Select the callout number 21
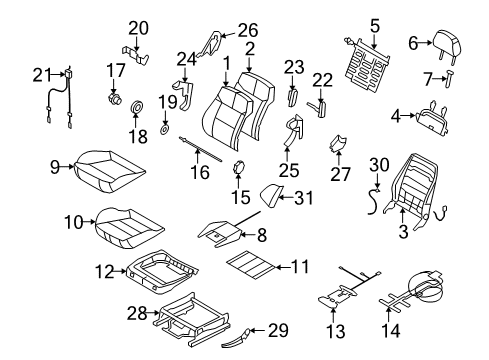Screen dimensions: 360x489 coord(40,74)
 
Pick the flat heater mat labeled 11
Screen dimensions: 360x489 coord(258,266)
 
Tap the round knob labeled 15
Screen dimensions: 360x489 coord(240,168)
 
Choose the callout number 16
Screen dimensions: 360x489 coord(199,172)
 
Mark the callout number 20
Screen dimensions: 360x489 coord(137,27)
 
